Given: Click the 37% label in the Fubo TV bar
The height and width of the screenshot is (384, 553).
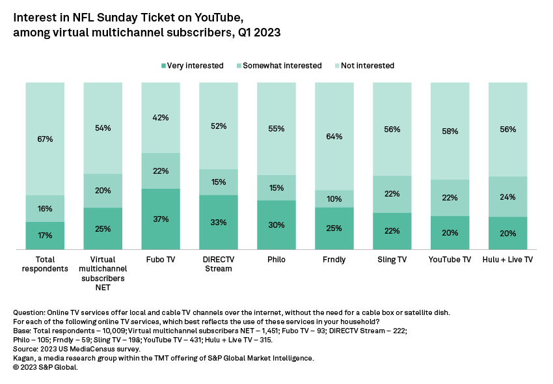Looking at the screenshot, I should (x=161, y=219).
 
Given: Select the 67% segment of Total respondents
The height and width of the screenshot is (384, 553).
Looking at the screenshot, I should (x=45, y=139).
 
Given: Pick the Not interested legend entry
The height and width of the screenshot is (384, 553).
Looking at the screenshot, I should (x=363, y=66).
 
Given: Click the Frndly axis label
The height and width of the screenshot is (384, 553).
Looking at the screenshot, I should (x=334, y=260).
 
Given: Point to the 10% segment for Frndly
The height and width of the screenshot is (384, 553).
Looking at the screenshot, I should (x=334, y=199).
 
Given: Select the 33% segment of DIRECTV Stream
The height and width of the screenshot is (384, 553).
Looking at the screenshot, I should (x=219, y=223).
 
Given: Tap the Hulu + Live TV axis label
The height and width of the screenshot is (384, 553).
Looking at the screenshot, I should (x=507, y=260).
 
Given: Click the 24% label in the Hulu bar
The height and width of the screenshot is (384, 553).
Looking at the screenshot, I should (x=507, y=197).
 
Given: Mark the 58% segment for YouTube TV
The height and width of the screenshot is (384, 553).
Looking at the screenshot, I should (x=450, y=131).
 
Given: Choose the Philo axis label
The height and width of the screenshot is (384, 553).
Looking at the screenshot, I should (x=276, y=260).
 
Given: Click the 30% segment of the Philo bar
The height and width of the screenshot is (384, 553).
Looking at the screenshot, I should (x=276, y=225).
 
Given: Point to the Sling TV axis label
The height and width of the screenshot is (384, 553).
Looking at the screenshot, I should (x=392, y=260).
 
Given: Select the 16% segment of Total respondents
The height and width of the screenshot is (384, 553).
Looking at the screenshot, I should (x=45, y=209).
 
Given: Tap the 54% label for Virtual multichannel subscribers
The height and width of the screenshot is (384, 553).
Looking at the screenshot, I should (x=103, y=128).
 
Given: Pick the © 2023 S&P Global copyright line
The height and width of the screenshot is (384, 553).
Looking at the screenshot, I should (x=46, y=368).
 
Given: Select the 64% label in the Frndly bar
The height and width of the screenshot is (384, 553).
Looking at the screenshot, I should (x=334, y=137).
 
